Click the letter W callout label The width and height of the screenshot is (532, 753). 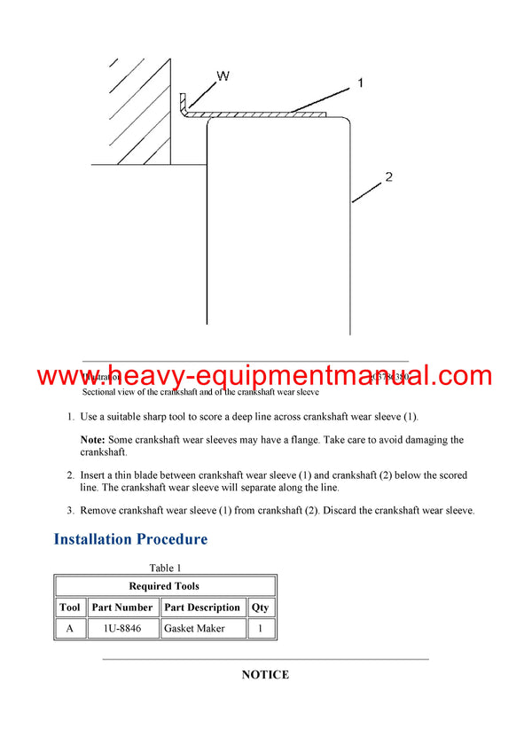click(223, 76)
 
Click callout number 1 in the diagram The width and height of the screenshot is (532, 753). click(361, 82)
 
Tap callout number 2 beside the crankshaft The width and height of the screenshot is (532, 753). click(387, 177)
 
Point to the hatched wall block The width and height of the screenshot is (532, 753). click(137, 111)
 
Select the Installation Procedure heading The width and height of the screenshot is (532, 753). click(130, 539)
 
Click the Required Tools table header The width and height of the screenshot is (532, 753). click(164, 586)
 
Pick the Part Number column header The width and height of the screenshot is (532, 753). click(122, 608)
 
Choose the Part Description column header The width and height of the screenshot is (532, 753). click(202, 608)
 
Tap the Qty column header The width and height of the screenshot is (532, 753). click(261, 608)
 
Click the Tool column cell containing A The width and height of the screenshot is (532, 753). click(70, 628)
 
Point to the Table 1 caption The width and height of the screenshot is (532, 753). click(165, 568)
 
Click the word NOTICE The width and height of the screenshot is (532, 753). click(265, 675)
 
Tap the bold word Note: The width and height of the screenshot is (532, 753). click(93, 440)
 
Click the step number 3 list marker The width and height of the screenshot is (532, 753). click(71, 511)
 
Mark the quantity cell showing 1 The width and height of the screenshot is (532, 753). click(261, 628)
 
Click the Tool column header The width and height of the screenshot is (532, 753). click(70, 608)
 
